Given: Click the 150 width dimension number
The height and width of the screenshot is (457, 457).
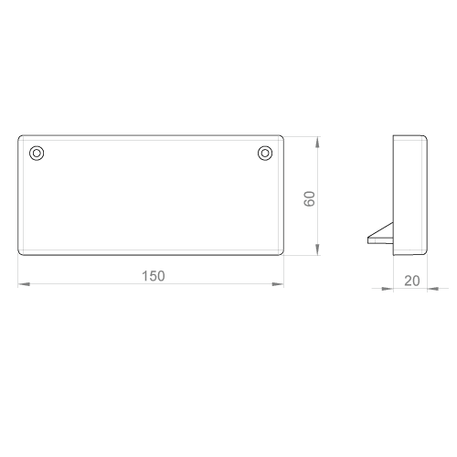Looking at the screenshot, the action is pyautogui.click(x=154, y=276).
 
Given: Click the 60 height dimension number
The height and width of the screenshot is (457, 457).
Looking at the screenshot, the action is pyautogui.click(x=310, y=199).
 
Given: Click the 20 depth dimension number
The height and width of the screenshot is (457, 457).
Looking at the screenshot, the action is pyautogui.click(x=412, y=281).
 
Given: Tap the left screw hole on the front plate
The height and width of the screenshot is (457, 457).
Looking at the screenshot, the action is pyautogui.click(x=37, y=153).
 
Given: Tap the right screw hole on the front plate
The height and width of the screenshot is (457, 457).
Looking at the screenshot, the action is pyautogui.click(x=265, y=153).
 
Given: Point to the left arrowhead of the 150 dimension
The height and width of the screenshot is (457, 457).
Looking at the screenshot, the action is pyautogui.click(x=24, y=284).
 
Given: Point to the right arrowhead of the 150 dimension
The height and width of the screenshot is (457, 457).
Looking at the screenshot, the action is pyautogui.click(x=278, y=284).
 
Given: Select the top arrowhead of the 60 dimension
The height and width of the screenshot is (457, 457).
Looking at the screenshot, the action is pyautogui.click(x=317, y=142).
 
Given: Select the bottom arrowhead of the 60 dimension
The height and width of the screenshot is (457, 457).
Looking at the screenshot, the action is pyautogui.click(x=317, y=250).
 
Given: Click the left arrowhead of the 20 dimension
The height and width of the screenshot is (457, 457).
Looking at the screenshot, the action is pyautogui.click(x=388, y=289).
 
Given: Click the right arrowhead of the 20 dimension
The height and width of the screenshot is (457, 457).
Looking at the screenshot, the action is pyautogui.click(x=433, y=289).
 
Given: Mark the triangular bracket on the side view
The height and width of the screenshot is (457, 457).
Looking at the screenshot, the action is pyautogui.click(x=381, y=235).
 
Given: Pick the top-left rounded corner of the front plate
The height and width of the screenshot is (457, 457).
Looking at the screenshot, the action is pyautogui.click(x=20, y=137).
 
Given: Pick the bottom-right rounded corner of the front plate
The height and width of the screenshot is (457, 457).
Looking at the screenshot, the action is pyautogui.click(x=282, y=253).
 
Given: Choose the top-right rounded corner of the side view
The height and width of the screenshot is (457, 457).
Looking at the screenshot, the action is pyautogui.click(x=425, y=137).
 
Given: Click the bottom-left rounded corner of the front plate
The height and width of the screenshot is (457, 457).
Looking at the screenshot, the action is pyautogui.click(x=20, y=253).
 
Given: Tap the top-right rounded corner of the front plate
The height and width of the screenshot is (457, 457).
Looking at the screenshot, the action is pyautogui.click(x=282, y=137).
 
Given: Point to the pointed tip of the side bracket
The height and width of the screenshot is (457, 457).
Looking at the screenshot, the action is pyautogui.click(x=368, y=238).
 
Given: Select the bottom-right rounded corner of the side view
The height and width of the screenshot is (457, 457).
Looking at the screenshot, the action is pyautogui.click(x=425, y=253).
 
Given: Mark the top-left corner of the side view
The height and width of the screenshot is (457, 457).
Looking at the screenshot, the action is pyautogui.click(x=393, y=135).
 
